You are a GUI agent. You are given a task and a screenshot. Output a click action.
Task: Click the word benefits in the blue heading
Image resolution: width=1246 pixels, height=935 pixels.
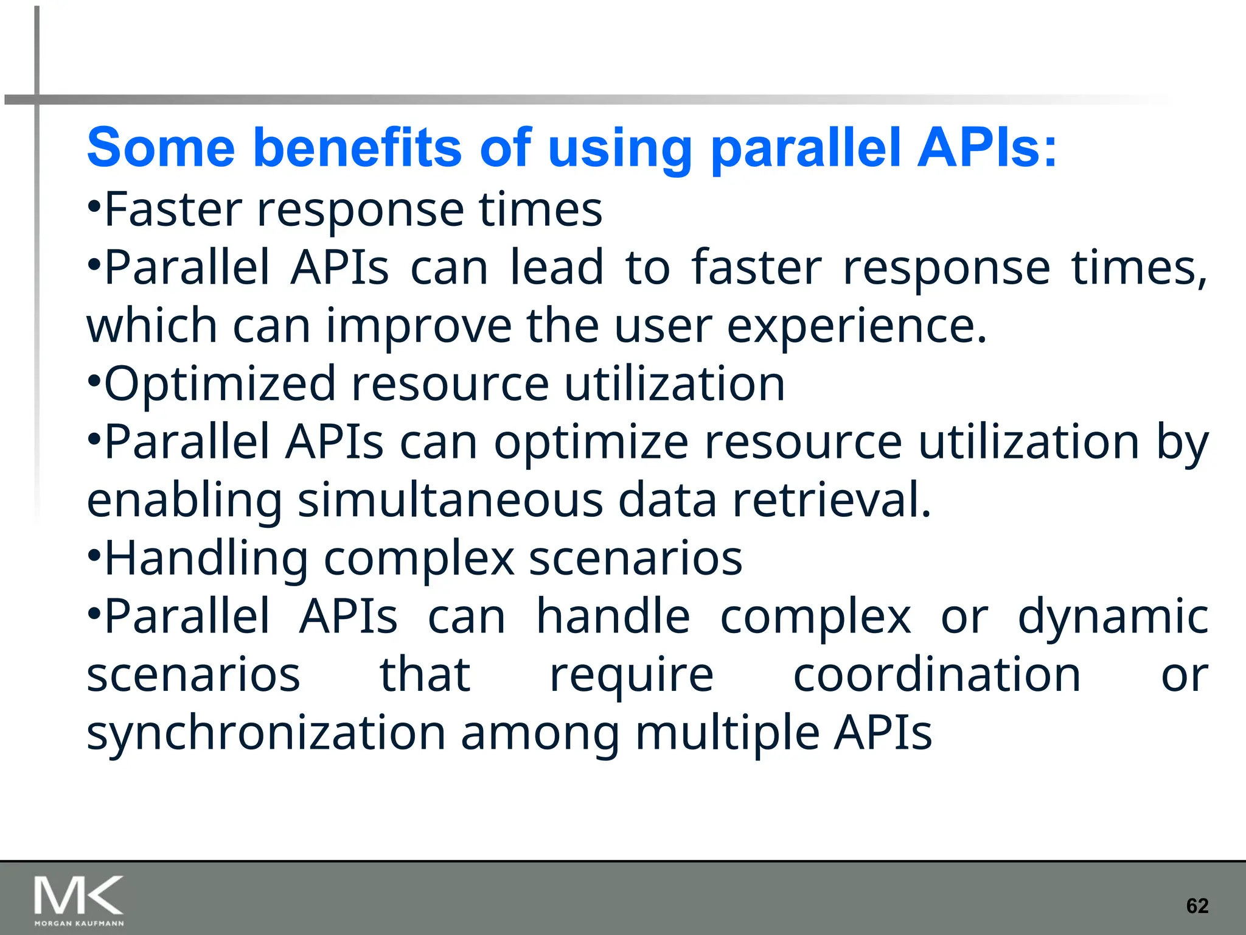(357, 148)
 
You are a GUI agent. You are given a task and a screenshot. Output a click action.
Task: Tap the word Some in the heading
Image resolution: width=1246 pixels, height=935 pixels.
(161, 148)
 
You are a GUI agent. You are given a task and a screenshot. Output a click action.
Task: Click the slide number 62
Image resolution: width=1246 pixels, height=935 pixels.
(1197, 906)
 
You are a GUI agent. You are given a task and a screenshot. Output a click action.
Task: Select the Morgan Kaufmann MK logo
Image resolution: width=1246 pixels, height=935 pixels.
(79, 900)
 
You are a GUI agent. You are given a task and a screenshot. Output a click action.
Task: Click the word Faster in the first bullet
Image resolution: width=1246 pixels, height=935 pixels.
(173, 209)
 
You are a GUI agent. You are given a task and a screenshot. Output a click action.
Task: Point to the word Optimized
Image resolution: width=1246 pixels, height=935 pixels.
(220, 384)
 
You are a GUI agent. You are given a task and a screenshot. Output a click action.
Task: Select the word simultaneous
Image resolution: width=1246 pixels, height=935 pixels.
(450, 500)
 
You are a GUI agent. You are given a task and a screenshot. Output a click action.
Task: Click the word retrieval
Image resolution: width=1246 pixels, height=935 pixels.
(831, 500)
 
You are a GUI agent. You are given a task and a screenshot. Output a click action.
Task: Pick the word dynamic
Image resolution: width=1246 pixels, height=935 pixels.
(1113, 617)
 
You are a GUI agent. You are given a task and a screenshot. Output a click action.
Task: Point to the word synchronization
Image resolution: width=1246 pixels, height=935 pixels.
(266, 733)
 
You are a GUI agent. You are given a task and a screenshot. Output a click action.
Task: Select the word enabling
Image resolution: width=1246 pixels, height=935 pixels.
(184, 500)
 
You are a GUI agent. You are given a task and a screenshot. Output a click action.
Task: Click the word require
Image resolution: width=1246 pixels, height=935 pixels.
(631, 676)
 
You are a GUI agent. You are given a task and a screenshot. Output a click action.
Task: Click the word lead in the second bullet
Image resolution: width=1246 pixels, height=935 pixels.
(556, 268)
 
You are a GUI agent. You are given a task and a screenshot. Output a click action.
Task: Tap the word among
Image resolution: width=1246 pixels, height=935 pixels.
(540, 734)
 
